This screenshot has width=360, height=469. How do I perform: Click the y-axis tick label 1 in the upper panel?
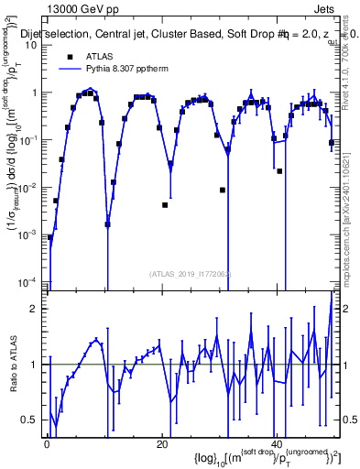[34, 93]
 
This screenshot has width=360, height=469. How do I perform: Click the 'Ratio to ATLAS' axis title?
[13, 364]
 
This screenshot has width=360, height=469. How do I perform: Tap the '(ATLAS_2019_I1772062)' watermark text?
[189, 274]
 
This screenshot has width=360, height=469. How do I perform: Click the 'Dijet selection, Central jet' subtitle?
[87, 33]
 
